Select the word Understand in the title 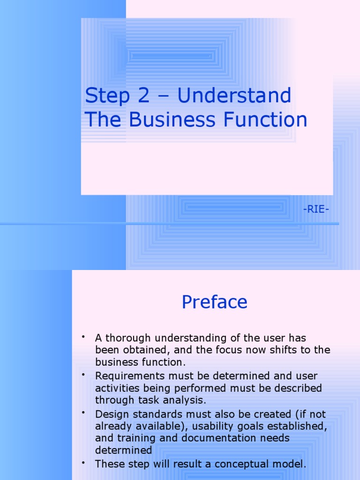(x=234, y=96)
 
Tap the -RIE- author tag (x=316, y=209)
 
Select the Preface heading (x=214, y=302)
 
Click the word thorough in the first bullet (x=127, y=338)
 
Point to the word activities (x=117, y=388)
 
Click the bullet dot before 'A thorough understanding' (x=83, y=337)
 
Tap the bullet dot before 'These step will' (x=83, y=463)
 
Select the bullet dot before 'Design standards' (x=83, y=413)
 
